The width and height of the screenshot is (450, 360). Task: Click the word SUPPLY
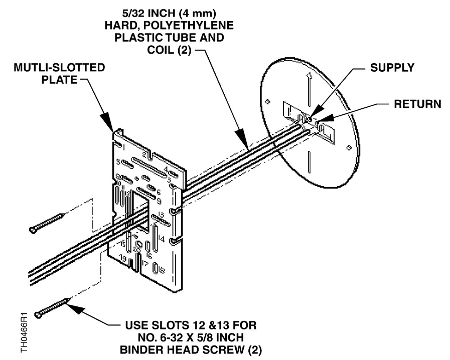pyautogui.click(x=392, y=68)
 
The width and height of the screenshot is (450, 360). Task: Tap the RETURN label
pyautogui.click(x=417, y=104)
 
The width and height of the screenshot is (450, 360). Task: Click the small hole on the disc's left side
pyautogui.click(x=268, y=101)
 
